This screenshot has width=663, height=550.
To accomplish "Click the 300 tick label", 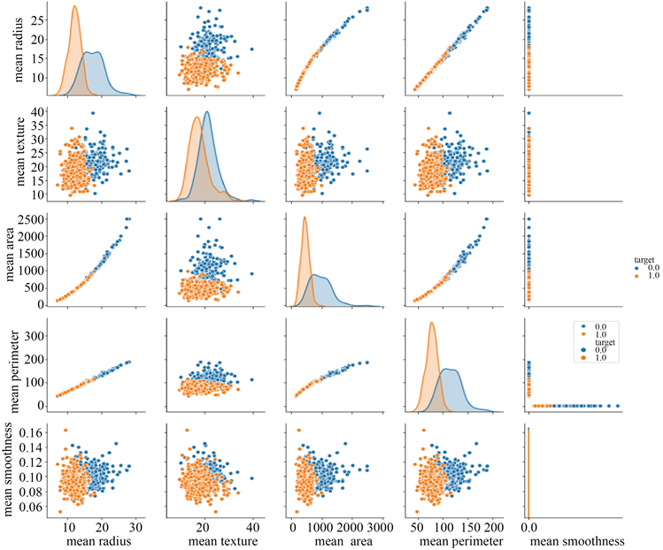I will [34, 337].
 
